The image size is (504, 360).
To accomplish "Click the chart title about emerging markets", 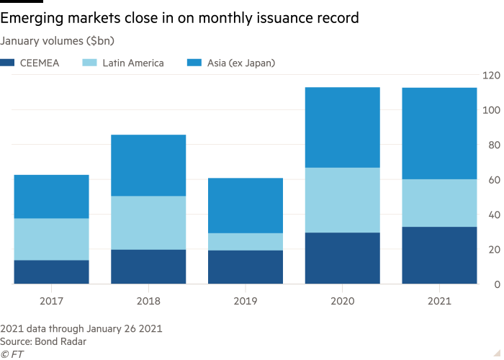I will [x=179, y=18].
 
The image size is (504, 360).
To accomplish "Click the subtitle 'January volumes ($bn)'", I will [x=57, y=41].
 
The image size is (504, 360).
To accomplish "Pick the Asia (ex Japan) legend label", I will [x=241, y=63].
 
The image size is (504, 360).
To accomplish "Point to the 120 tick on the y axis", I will [x=491, y=75].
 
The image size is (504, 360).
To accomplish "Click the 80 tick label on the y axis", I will [x=493, y=145].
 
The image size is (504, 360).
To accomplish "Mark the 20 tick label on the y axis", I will [x=493, y=250].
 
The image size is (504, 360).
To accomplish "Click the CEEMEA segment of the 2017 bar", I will [x=51, y=272].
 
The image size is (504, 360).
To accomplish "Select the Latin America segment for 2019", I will [x=246, y=242].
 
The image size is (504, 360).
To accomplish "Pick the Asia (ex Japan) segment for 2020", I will [x=342, y=127].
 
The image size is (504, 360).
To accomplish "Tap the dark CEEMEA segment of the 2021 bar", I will [x=439, y=256].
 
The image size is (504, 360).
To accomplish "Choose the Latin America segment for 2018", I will [x=148, y=223].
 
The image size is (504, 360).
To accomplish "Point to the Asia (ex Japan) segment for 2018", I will [x=148, y=166].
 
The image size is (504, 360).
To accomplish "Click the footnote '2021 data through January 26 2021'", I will [x=81, y=328].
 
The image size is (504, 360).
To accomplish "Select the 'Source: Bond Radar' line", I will [x=43, y=341].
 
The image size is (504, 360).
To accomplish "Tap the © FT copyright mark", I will [x=12, y=354].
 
